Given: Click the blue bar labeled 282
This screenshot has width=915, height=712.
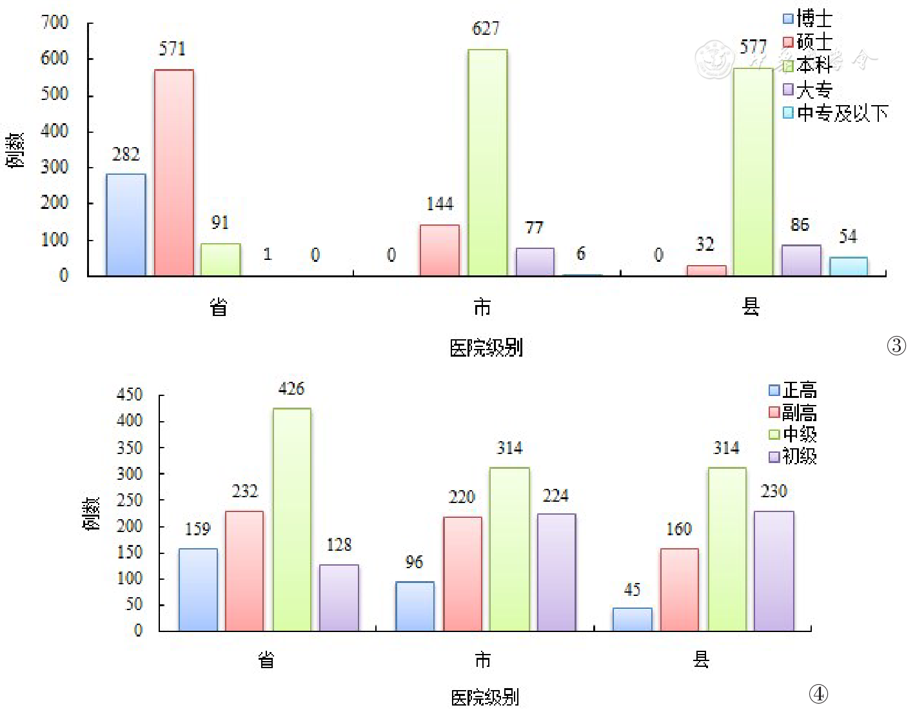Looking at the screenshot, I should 126,224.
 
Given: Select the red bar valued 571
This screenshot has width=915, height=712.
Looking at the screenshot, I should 173,173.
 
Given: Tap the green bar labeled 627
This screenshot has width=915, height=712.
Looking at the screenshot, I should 487,163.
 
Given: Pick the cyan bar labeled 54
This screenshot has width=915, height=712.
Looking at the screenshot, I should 848,266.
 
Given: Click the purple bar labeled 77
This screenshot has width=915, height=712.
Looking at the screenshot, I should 535,262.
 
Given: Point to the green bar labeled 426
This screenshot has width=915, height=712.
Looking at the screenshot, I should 291,519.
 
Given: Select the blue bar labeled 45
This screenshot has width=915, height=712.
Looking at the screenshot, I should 632,619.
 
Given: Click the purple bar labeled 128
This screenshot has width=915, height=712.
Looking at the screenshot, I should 339,598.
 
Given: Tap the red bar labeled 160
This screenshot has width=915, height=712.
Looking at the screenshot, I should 679,589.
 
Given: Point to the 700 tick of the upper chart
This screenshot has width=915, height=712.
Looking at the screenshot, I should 55,23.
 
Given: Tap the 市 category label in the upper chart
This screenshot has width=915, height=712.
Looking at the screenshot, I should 482,308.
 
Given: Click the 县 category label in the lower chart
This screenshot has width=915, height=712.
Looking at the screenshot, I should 701,659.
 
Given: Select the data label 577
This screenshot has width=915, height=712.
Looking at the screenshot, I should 753,47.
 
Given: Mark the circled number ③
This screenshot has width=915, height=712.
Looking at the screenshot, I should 896,346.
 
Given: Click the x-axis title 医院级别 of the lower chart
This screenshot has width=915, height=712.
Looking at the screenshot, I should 485,698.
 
